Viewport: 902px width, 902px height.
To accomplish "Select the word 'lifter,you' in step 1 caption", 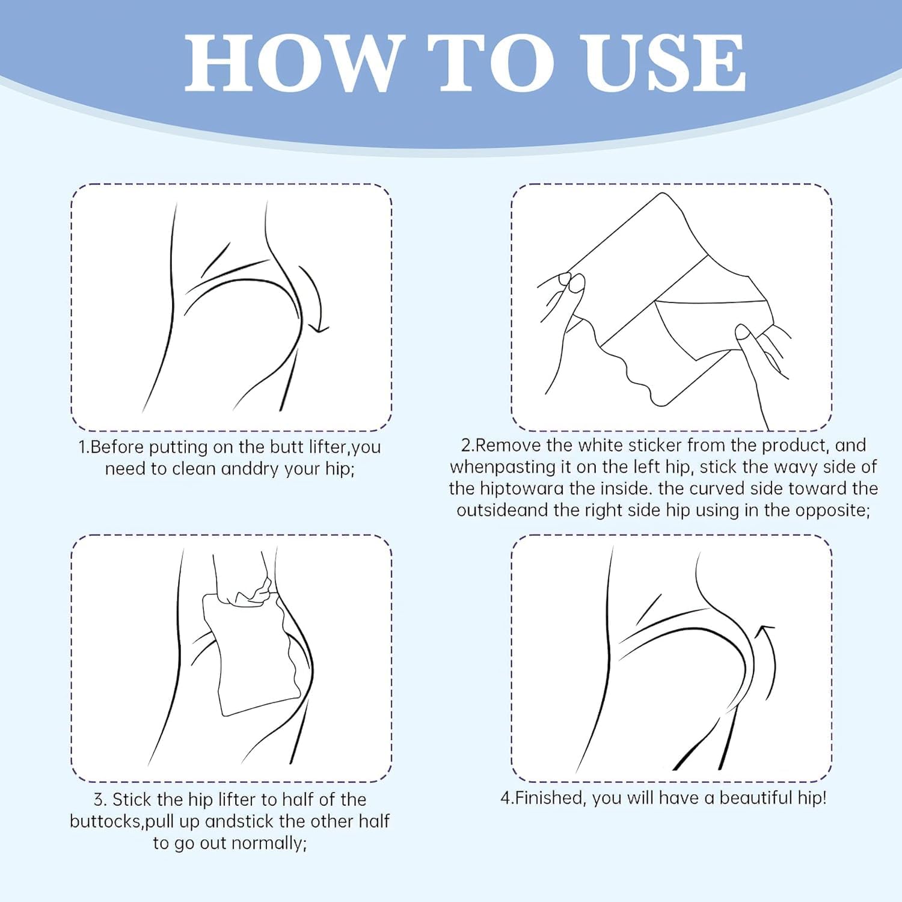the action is pyautogui.click(x=345, y=447).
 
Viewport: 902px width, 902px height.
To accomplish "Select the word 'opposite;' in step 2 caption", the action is pyautogui.click(x=833, y=511).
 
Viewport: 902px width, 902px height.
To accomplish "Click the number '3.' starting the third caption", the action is pyautogui.click(x=100, y=800).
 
